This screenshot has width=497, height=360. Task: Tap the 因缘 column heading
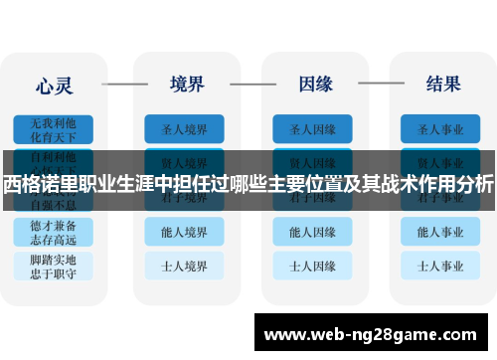click(313, 83)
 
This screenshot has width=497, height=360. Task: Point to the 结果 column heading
click(442, 83)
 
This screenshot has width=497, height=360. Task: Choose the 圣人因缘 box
click(312, 128)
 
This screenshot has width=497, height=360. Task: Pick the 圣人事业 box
click(441, 128)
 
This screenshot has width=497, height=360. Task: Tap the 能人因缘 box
click(312, 232)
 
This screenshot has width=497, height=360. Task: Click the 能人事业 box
click(441, 232)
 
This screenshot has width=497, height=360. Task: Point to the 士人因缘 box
click(312, 266)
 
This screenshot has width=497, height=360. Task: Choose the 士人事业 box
click(441, 266)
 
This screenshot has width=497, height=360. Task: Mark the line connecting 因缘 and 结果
click(377, 84)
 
